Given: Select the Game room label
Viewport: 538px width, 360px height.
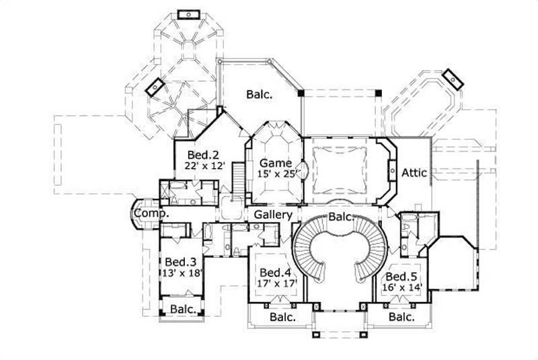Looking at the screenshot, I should [x=276, y=163].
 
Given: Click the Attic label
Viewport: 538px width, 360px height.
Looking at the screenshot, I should [x=414, y=173].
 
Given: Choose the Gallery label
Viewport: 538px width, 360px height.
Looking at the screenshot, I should [x=273, y=215].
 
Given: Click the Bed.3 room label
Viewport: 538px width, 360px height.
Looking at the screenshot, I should [x=180, y=262].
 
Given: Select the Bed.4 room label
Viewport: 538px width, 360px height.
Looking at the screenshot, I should [x=275, y=273].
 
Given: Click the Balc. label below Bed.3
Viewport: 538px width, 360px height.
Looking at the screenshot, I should [x=183, y=310].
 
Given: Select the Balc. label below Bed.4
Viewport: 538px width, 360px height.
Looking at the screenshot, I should [x=282, y=316].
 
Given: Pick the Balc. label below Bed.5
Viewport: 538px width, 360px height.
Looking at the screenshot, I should [x=400, y=316].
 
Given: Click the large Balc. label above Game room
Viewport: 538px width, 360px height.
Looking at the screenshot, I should [x=260, y=95].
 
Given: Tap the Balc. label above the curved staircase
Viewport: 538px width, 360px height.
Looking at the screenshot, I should [x=342, y=216].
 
